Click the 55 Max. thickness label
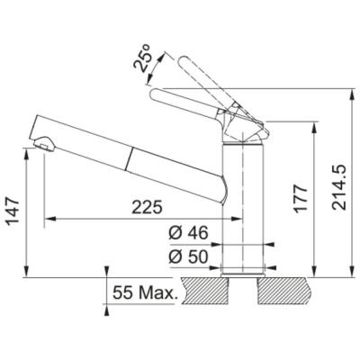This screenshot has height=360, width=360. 146,292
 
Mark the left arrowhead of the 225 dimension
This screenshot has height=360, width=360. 49,218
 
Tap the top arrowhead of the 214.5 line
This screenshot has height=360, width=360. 348,92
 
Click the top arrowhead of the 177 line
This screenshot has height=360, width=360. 312,128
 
